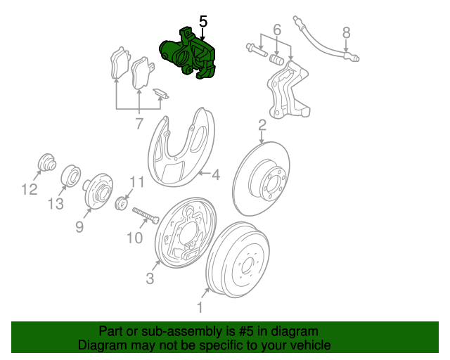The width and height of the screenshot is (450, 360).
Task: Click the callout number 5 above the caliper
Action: (203, 21)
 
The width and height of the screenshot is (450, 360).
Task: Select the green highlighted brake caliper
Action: (186, 53)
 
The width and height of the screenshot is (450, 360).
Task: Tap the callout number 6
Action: (276, 30)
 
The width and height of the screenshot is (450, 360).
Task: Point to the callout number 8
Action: (346, 32)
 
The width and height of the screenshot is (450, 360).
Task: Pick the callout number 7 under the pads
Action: (139, 124)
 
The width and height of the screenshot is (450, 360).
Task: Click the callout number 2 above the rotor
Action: (262, 125)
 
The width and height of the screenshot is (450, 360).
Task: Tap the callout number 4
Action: (217, 174)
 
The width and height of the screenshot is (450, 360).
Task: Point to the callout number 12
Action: (28, 188)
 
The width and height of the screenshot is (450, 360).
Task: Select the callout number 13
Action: (56, 204)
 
